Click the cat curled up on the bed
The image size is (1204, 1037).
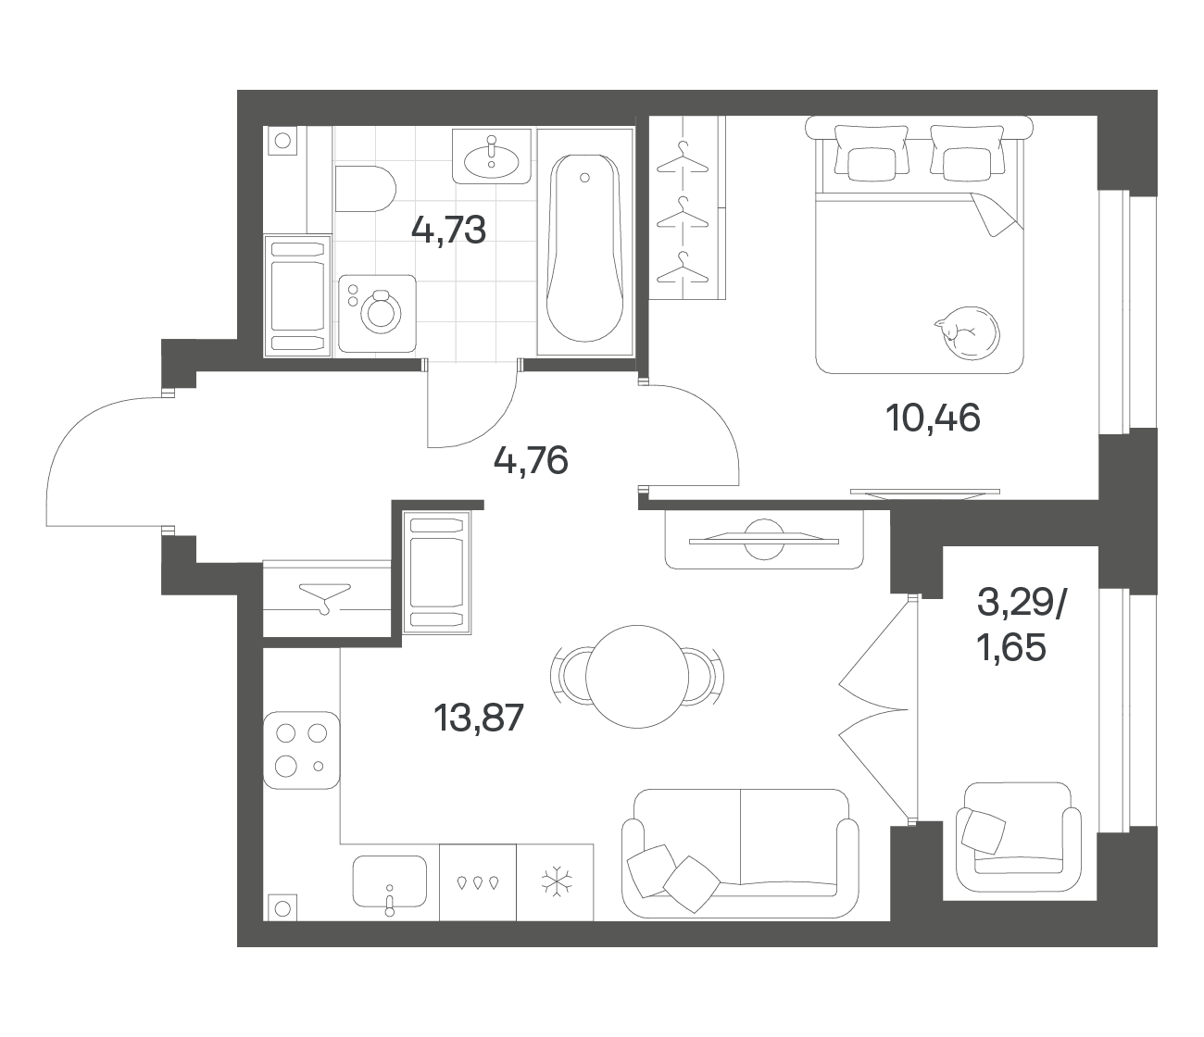(967, 332)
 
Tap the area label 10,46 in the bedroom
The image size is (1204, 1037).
(933, 419)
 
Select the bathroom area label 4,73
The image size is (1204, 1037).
(448, 230)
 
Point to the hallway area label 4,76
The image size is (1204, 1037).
(531, 461)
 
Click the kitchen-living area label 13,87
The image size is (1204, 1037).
(479, 718)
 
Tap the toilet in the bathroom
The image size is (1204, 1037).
(365, 189)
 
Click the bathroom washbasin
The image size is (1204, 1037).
(492, 156)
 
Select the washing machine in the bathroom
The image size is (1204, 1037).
(378, 314)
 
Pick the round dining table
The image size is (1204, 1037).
(637, 677)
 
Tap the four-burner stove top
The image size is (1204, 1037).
(302, 750)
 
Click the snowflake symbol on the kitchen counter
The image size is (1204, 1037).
(558, 882)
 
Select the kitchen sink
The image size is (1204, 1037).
(390, 882)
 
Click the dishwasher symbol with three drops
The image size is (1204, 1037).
(478, 882)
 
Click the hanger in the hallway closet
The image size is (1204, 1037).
(325, 598)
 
